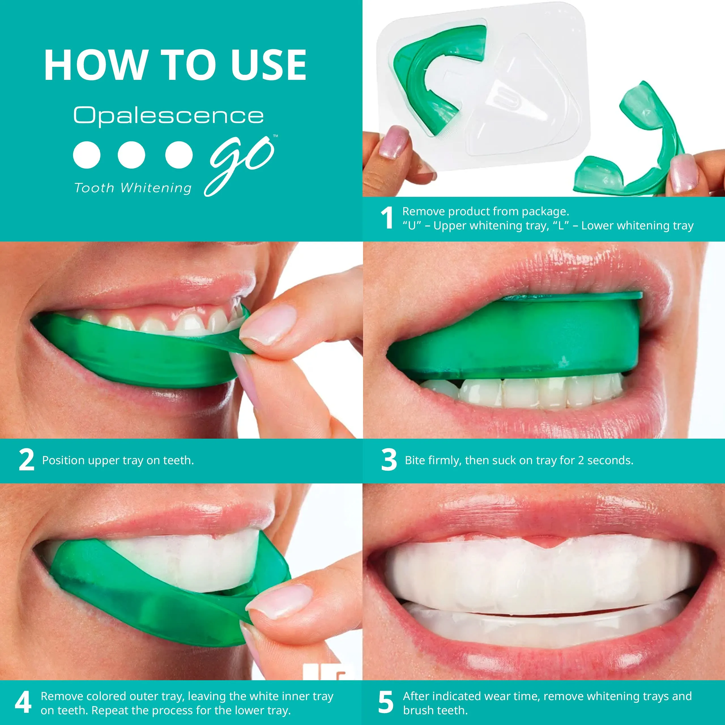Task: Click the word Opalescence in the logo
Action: point(169,115)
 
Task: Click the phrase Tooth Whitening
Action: point(133,188)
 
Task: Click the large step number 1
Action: point(387,218)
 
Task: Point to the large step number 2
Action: point(26,460)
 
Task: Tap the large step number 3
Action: point(389,460)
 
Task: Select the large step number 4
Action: point(23,702)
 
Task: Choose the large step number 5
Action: point(386,702)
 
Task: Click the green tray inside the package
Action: point(432,75)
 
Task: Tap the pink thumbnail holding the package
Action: point(393,142)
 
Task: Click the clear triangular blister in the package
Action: point(522,98)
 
